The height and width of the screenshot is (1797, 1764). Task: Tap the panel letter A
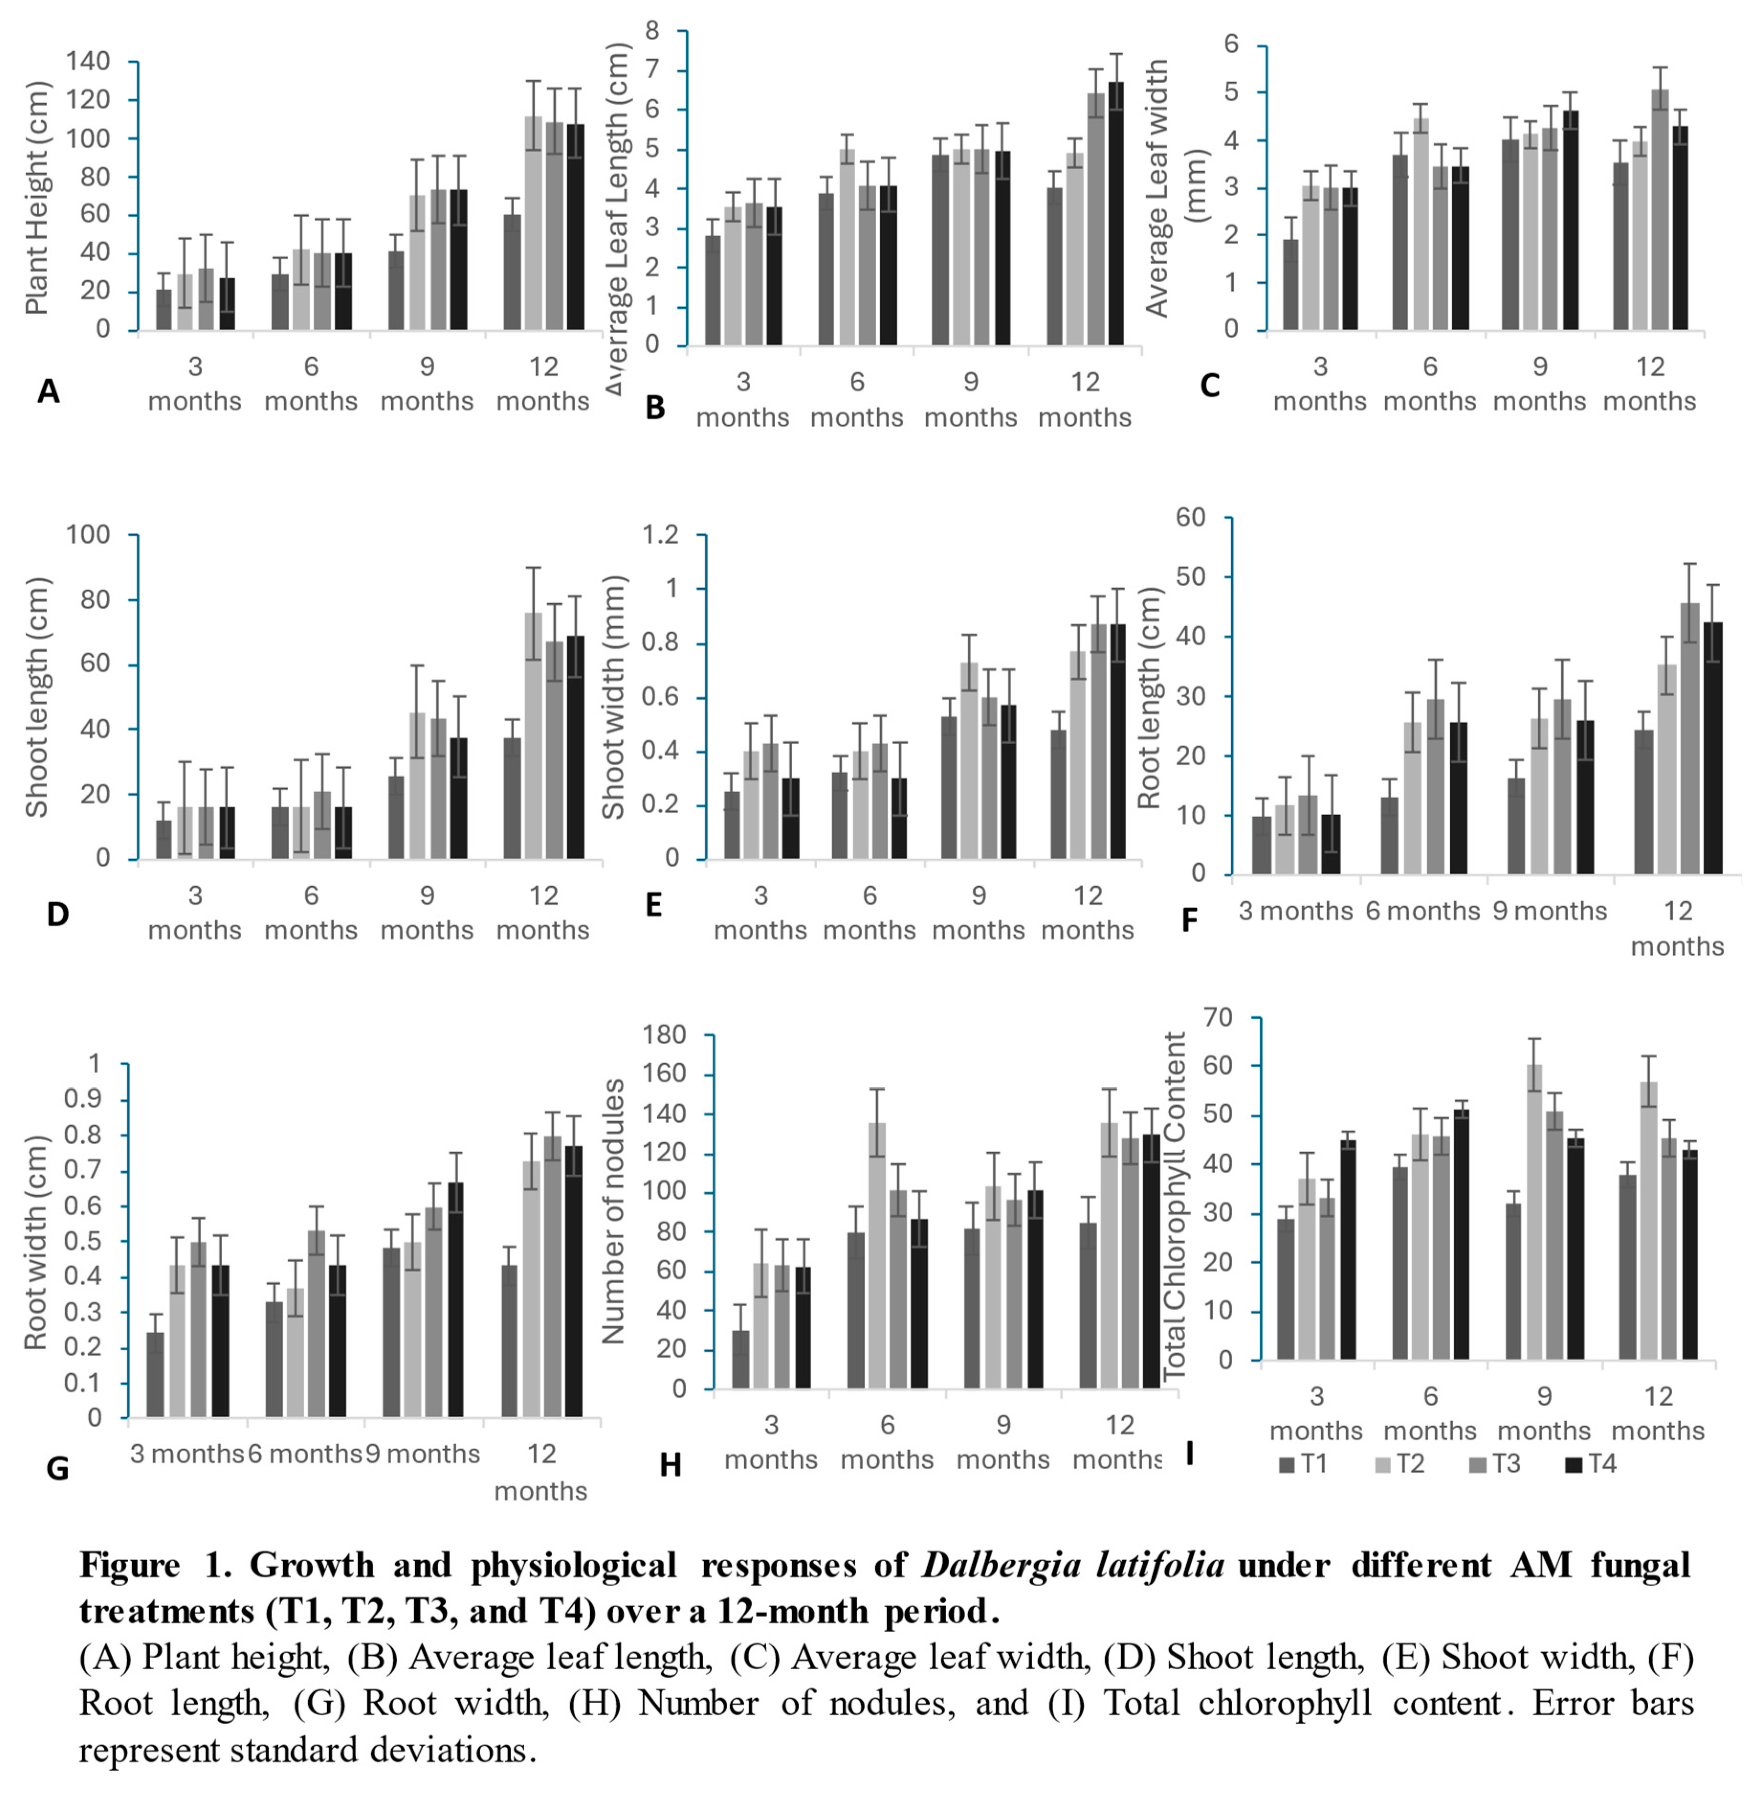pyautogui.click(x=48, y=392)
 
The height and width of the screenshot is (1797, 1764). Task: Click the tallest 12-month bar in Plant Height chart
pyautogui.click(x=534, y=222)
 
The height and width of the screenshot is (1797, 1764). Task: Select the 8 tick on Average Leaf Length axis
pyautogui.click(x=652, y=32)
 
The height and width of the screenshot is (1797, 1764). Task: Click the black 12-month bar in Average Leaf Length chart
pyautogui.click(x=1115, y=213)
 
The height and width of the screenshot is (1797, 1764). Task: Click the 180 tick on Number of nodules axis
pyautogui.click(x=665, y=1035)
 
